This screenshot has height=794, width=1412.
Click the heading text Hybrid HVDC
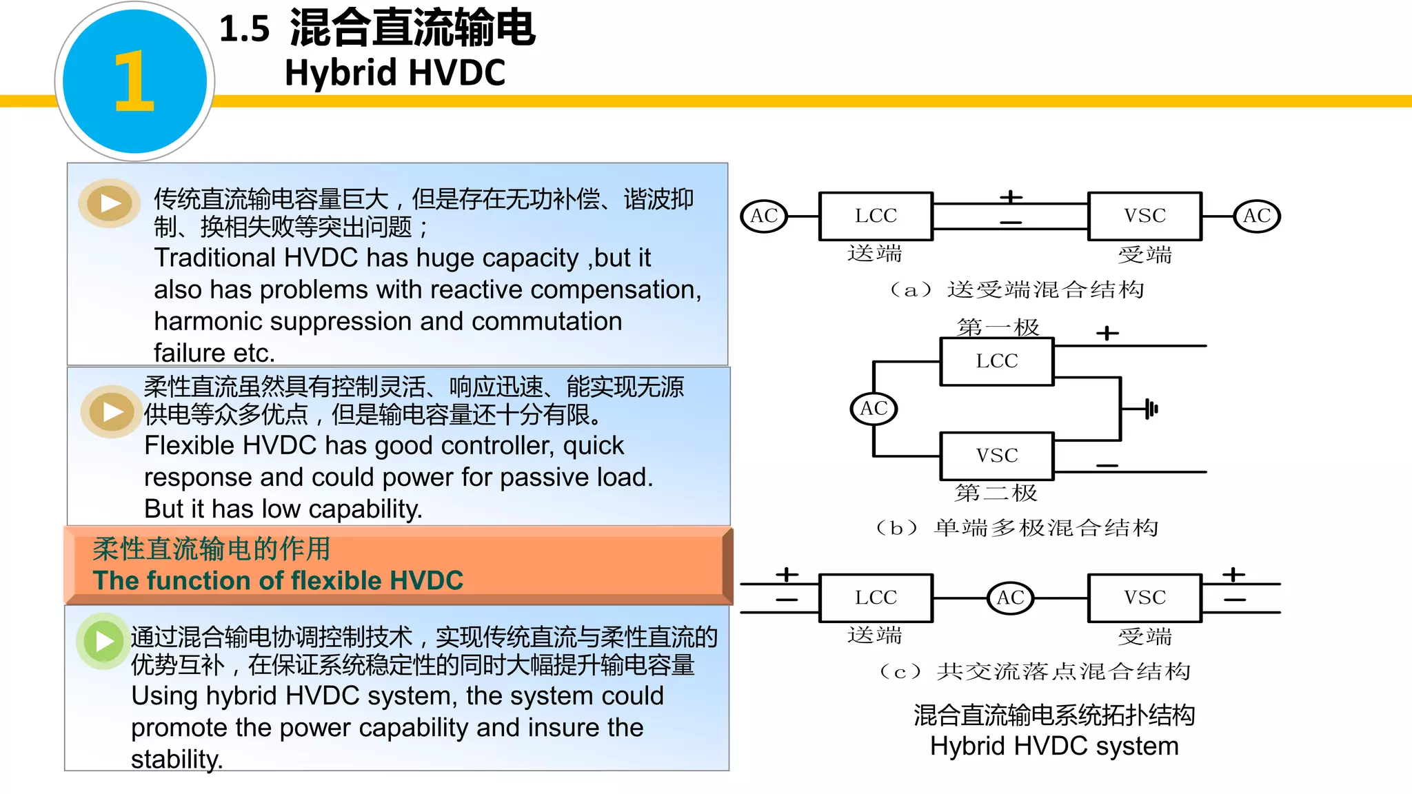395,73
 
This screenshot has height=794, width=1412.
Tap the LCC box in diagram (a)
876,216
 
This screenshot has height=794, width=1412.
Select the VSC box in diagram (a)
1144,216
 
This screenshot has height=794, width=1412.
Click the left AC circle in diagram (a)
764,216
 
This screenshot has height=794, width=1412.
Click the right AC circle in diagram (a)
1256,216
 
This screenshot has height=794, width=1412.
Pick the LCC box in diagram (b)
997,360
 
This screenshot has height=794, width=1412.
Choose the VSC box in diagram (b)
997,456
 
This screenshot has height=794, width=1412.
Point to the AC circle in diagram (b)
874,408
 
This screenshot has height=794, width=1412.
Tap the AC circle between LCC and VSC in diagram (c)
1010,598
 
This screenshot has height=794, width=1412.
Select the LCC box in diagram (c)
876,598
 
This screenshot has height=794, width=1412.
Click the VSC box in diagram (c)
1144,598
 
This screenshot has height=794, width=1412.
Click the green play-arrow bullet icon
103,641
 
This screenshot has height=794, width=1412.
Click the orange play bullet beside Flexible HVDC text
112,411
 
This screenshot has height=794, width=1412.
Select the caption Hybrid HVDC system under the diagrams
1053,746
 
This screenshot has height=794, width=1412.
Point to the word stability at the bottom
176,760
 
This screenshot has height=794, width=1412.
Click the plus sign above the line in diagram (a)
1011,197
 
